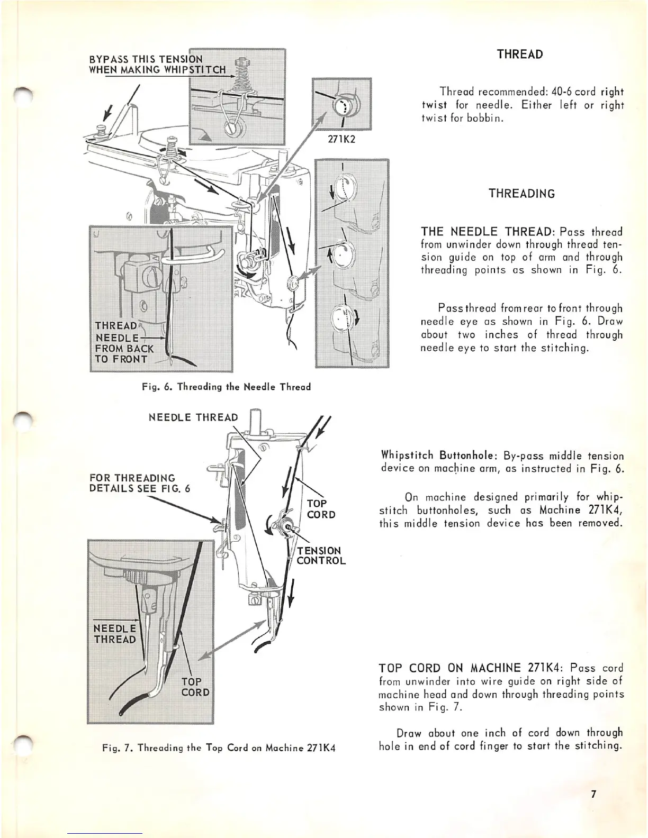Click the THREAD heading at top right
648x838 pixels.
(520, 54)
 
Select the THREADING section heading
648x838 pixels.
(522, 193)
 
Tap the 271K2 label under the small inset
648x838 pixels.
(342, 142)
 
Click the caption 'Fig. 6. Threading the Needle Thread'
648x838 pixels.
(226, 387)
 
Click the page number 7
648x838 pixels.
(594, 794)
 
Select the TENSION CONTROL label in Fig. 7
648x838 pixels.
(321, 555)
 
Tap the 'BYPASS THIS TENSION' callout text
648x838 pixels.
(146, 59)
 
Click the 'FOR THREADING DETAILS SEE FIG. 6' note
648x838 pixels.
(140, 484)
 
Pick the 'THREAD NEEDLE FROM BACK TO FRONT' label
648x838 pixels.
(124, 342)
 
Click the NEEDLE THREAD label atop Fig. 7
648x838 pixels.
(193, 417)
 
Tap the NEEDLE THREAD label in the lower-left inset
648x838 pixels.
(115, 634)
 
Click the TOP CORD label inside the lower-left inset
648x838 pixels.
(195, 687)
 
